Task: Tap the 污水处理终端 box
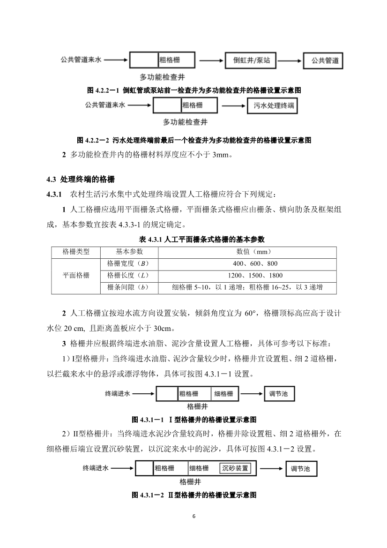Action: click(275, 106)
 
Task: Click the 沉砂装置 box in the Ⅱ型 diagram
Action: click(235, 468)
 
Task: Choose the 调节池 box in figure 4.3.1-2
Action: click(301, 468)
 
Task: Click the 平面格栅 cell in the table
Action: click(76, 275)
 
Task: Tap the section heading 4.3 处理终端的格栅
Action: click(80, 180)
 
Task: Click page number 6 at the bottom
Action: click(193, 517)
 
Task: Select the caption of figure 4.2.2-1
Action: click(193, 90)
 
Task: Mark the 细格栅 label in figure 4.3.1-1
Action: click(223, 394)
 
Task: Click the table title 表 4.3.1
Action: click(193, 240)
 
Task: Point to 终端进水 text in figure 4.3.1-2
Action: click(96, 468)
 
